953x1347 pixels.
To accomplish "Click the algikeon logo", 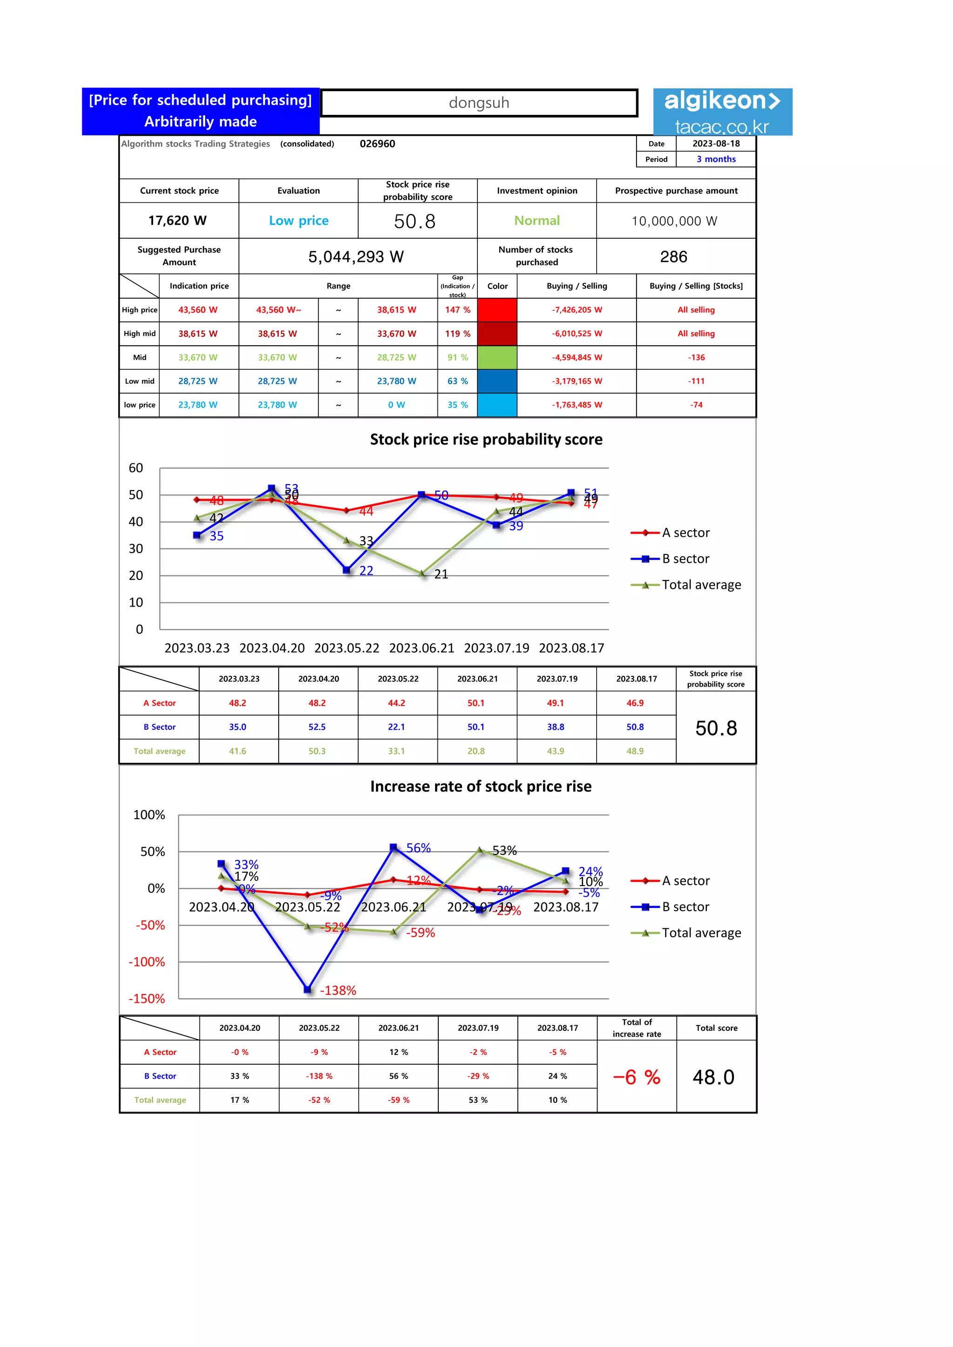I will click(722, 112).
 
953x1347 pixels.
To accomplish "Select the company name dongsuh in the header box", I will click(479, 103).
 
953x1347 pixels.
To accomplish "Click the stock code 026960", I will click(377, 144).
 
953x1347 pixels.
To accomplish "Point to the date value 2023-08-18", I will click(716, 144).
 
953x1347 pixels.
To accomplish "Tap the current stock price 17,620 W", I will click(177, 220).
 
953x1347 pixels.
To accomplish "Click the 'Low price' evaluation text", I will click(299, 220).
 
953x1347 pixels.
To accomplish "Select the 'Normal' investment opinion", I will click(537, 220).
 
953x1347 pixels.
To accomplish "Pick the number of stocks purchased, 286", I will click(674, 257).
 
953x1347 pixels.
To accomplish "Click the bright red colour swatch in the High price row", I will click(497, 310).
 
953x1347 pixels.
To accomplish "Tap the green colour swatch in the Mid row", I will click(497, 357).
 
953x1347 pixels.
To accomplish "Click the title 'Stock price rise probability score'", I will click(486, 440).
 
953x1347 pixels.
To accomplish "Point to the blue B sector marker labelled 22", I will click(346, 570).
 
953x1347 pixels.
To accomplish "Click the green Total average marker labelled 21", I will click(422, 574).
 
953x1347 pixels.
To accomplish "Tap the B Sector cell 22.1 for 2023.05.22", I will click(396, 727).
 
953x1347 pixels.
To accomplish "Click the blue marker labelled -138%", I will click(308, 989).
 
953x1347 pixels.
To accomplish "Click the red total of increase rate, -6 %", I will click(637, 1077).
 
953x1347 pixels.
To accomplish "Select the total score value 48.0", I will click(713, 1077).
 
